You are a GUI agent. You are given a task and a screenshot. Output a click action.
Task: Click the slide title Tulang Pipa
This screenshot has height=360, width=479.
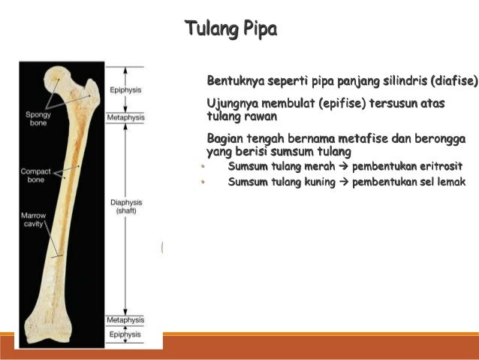click(x=230, y=29)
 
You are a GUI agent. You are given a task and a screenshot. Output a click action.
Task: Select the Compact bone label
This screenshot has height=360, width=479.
click(x=35, y=176)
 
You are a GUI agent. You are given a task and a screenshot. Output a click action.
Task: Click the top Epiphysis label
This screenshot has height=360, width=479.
click(x=125, y=89)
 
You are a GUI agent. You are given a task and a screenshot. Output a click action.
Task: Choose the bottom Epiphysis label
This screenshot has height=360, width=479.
click(x=125, y=334)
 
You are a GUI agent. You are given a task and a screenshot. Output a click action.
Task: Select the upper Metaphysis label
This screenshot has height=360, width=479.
click(x=125, y=118)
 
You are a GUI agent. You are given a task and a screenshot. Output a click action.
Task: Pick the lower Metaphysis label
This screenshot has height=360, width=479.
click(x=125, y=320)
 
